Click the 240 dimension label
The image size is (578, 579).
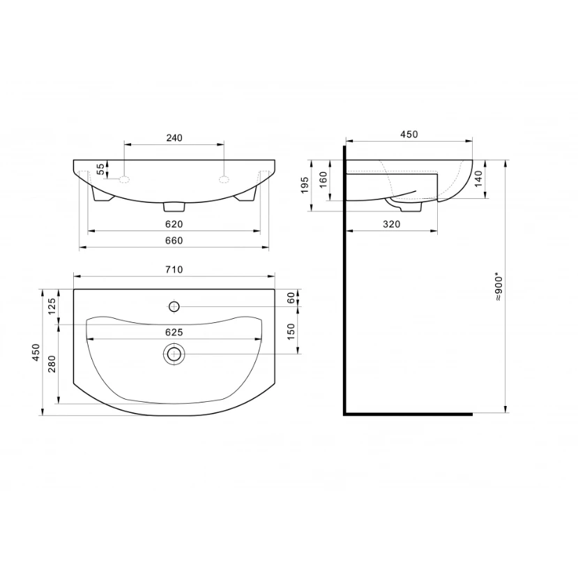tap(174, 137)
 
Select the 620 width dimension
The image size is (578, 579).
tap(174, 224)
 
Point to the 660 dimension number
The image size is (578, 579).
tap(174, 241)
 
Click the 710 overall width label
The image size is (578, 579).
tap(174, 269)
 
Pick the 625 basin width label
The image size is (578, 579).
tap(174, 332)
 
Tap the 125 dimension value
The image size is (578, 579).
tap(52, 306)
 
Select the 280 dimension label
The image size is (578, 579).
tap(52, 363)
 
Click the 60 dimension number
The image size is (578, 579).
tap(291, 298)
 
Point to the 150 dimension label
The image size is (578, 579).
tap(291, 331)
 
